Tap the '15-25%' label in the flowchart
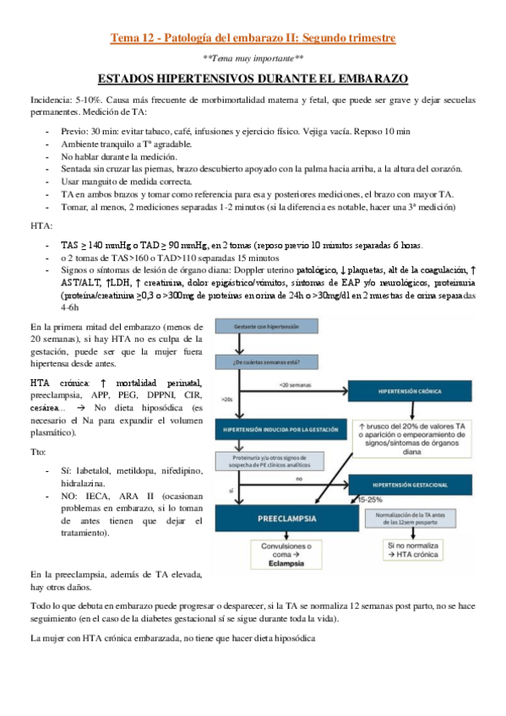click(368, 500)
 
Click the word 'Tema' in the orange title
click(128, 38)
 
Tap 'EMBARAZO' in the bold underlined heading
click(368, 79)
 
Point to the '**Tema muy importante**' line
click(253, 58)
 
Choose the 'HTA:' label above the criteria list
click(41, 226)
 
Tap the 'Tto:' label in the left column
click(40, 452)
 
